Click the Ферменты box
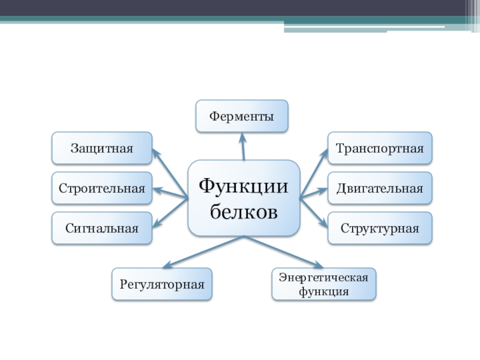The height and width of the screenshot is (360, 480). click(x=242, y=116)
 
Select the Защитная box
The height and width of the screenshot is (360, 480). click(x=101, y=148)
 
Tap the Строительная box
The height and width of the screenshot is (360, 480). click(x=101, y=188)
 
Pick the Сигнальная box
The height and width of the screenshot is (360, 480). click(x=101, y=228)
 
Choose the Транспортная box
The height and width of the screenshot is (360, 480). click(x=379, y=148)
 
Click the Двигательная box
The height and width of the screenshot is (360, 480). click(x=379, y=188)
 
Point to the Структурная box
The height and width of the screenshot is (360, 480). click(x=379, y=228)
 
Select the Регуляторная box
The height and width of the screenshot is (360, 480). click(x=162, y=284)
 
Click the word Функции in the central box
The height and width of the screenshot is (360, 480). click(x=244, y=185)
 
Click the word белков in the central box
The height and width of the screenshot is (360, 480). click(x=244, y=211)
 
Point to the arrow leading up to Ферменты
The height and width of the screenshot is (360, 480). click(x=243, y=146)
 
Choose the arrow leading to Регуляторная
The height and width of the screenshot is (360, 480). click(x=204, y=251)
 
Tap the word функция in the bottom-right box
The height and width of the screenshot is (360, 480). click(x=324, y=291)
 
